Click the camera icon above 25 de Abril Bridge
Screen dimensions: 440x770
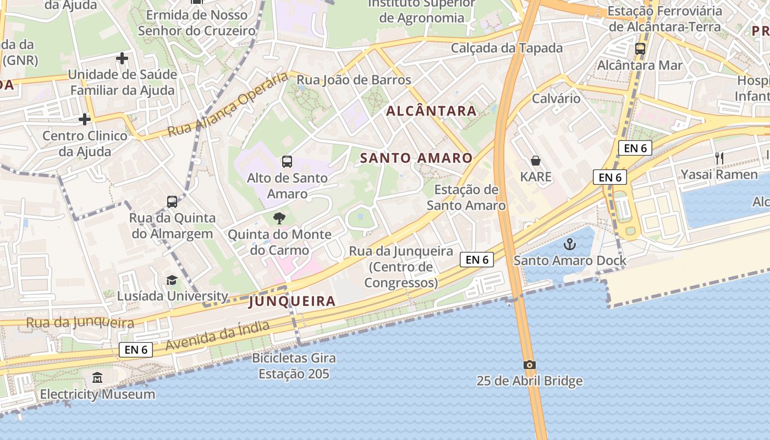click(529, 365)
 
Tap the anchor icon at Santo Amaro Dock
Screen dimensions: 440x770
click(570, 244)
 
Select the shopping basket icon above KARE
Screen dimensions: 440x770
click(536, 161)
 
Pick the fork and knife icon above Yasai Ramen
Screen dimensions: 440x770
click(719, 158)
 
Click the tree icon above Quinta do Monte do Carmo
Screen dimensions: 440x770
click(279, 218)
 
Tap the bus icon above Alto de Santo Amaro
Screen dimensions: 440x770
click(287, 162)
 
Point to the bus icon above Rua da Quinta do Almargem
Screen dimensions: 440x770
click(172, 202)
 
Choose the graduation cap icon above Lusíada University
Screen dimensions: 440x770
click(172, 280)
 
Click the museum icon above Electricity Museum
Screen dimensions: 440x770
click(97, 378)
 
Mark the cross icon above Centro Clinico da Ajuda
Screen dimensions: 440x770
click(84, 119)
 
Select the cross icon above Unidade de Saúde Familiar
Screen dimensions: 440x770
click(122, 58)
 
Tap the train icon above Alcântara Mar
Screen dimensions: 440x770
click(640, 49)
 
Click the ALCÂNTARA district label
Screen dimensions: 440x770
click(431, 111)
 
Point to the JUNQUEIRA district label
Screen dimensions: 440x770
click(292, 301)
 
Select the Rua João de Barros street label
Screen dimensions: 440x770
click(354, 80)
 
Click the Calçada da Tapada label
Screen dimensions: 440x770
click(507, 48)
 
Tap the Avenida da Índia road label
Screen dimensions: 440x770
click(218, 336)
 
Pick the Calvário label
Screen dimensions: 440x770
click(556, 99)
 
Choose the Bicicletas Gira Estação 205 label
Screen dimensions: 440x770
click(294, 366)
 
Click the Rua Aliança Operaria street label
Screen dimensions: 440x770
click(228, 106)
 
